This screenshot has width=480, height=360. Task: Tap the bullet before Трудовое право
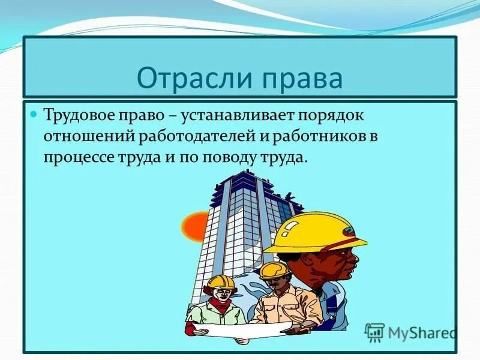click(x=34, y=112)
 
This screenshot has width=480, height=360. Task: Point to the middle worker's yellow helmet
click(x=274, y=270)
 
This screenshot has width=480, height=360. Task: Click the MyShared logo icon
click(x=375, y=331)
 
